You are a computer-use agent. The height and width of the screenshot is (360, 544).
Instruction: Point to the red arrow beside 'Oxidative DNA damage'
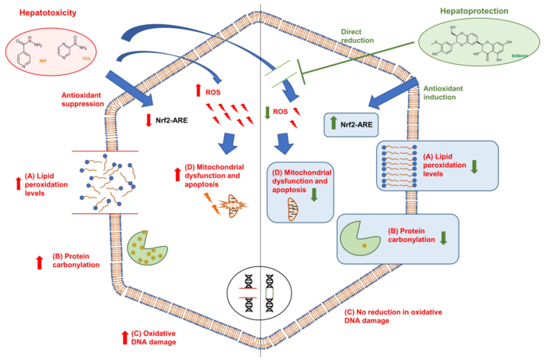pos(124,337)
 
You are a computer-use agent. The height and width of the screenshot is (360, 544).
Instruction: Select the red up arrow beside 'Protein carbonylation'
pos(40,262)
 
